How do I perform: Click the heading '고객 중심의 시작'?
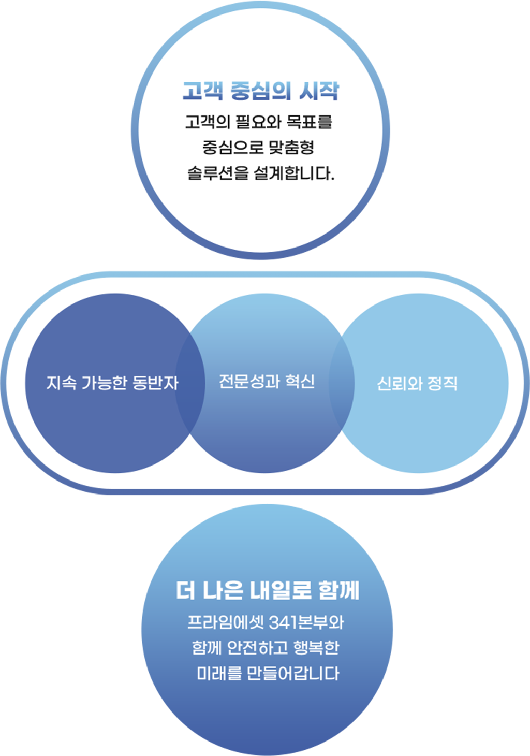tap(260, 91)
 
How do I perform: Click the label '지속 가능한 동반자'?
tap(112, 383)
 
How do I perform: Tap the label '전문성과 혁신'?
tap(267, 382)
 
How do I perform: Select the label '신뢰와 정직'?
tap(417, 384)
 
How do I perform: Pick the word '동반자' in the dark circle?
tap(155, 383)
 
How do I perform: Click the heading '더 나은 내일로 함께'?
tap(268, 590)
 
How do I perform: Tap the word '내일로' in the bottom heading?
tap(281, 590)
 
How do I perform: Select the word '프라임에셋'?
tap(225, 622)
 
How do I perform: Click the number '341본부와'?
tap(306, 622)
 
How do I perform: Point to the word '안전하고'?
tap(257, 648)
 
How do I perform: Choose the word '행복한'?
tap(316, 648)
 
